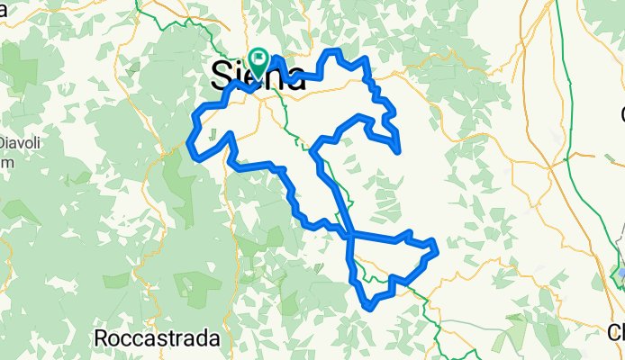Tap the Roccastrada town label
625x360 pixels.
coord(158,338)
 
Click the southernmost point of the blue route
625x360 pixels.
coord(369,307)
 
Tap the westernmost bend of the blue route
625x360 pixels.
coord(189,142)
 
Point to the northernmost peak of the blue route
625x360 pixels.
coord(334,52)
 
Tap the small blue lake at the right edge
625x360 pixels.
coord(620,271)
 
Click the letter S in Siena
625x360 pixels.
coord(221,75)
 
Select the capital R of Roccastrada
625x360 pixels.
coord(101,338)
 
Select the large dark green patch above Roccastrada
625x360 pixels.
coord(194,284)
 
